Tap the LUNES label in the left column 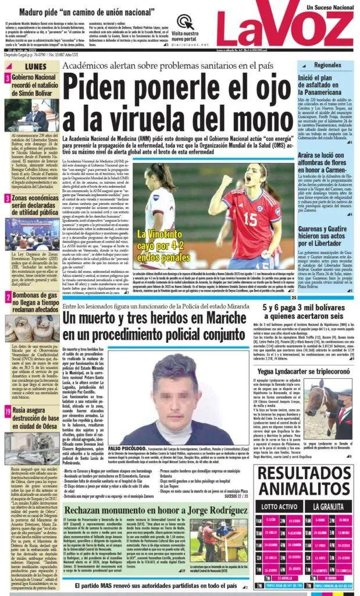35,66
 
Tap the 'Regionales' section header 326,65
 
